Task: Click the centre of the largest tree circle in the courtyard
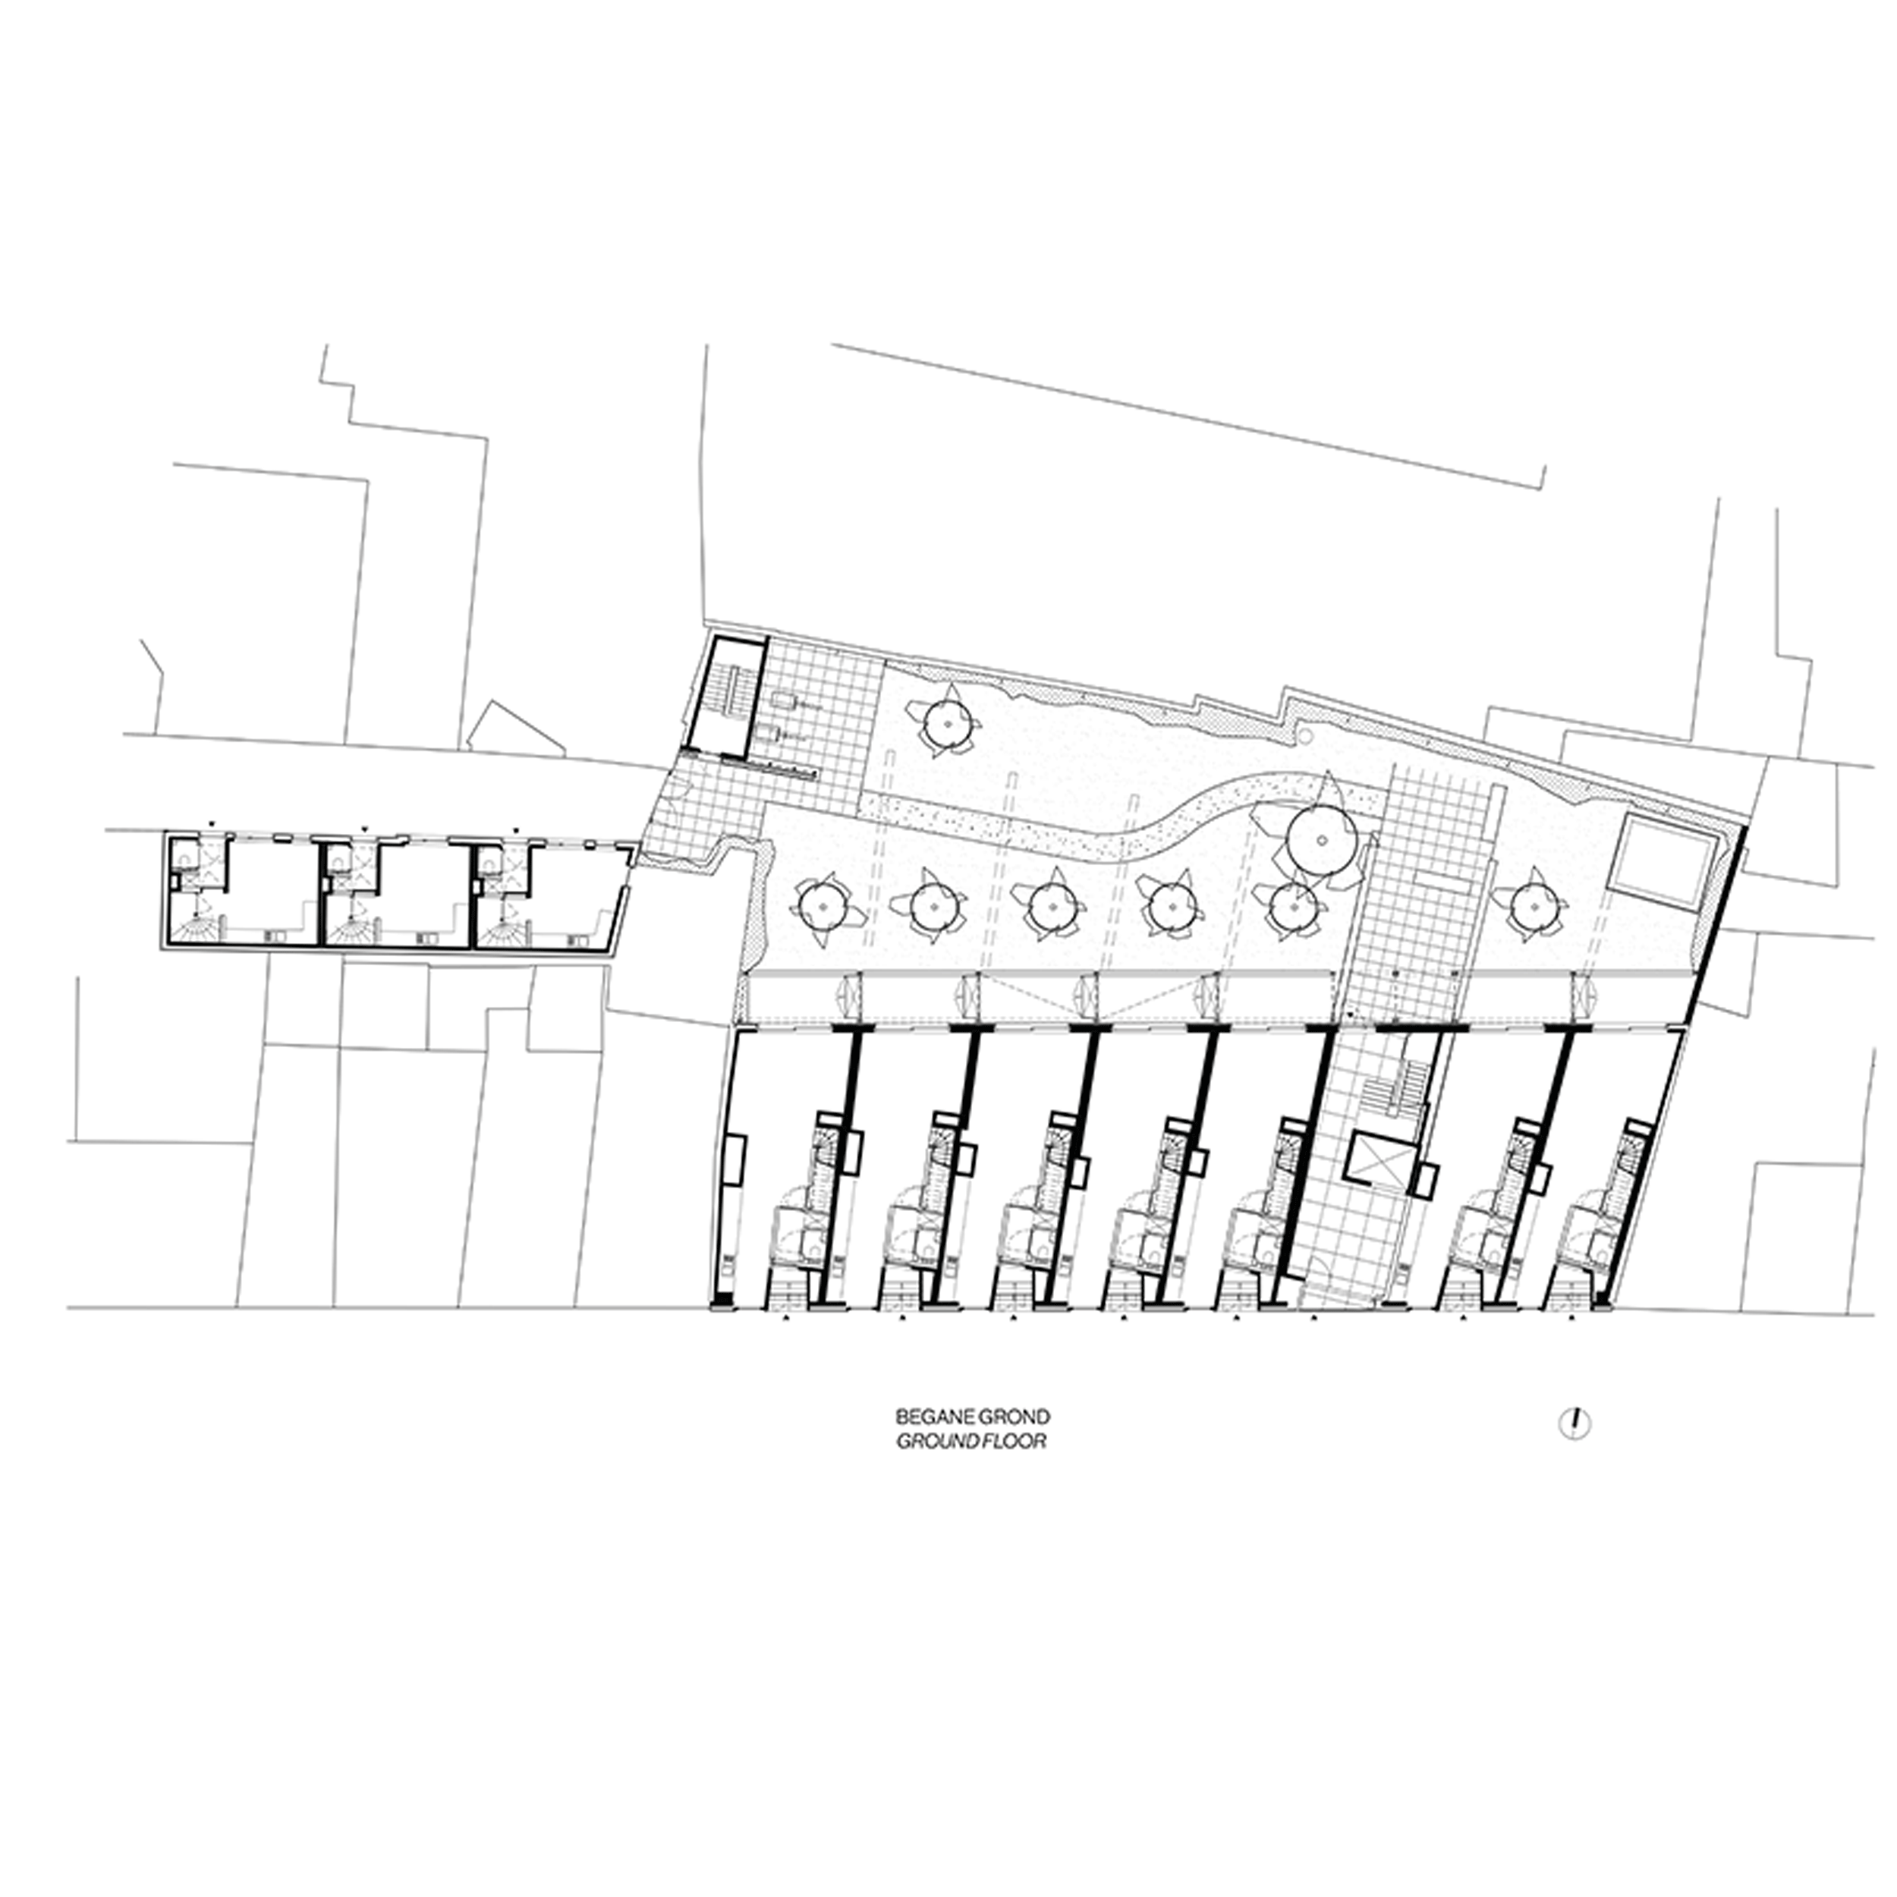pos(1323,842)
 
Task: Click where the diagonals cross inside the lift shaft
pos(1379,1165)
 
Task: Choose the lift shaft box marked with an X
pos(1379,1165)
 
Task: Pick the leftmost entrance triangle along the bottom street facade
pos(785,1322)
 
